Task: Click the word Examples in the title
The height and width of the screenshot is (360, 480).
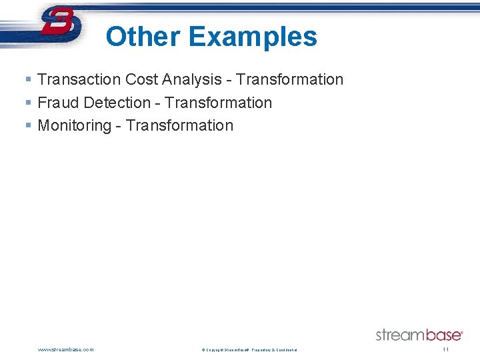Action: (x=253, y=37)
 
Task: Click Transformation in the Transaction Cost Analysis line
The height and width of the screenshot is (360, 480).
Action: (x=289, y=79)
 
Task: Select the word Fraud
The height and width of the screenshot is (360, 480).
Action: (x=59, y=103)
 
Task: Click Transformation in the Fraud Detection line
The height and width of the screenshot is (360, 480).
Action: (x=219, y=103)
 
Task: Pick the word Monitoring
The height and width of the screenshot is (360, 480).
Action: (x=75, y=125)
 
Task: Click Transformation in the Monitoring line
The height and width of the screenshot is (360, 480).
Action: (x=180, y=125)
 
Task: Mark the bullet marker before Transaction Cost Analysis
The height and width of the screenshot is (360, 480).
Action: (x=27, y=79)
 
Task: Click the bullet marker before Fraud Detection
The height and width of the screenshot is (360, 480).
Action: (x=27, y=103)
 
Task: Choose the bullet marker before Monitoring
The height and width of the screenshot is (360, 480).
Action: (x=27, y=125)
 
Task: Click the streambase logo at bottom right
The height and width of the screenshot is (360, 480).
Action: (x=419, y=335)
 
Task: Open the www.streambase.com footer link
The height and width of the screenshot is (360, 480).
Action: (x=66, y=349)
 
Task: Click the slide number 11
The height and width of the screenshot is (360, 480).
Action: (x=446, y=349)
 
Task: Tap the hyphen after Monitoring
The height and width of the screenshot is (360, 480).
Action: (x=119, y=126)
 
